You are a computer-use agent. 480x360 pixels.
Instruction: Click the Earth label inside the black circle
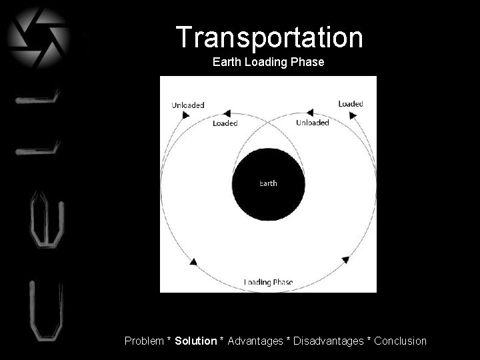[x=268, y=183]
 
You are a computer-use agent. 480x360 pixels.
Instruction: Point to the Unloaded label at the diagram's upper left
[x=188, y=105]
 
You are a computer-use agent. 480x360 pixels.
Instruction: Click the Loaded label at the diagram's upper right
[x=351, y=103]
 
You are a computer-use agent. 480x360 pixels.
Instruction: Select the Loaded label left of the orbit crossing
[x=225, y=123]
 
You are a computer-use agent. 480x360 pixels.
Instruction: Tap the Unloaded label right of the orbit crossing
[x=313, y=123]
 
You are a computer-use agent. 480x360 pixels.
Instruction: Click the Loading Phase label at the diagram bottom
[x=268, y=282]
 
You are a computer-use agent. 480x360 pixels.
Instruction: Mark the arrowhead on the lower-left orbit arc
[x=193, y=262]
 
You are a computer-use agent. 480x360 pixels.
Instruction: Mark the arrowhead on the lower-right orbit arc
[x=345, y=259]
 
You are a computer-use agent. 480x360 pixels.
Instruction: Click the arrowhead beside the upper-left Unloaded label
[x=185, y=115]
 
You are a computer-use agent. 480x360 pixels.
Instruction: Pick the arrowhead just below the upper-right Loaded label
[x=353, y=115]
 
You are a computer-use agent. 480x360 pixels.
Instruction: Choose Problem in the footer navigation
[x=143, y=341]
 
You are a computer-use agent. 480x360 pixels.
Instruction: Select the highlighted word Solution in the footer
[x=196, y=341]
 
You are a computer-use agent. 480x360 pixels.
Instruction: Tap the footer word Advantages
[x=255, y=341]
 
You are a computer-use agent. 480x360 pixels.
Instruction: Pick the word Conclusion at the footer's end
[x=400, y=341]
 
